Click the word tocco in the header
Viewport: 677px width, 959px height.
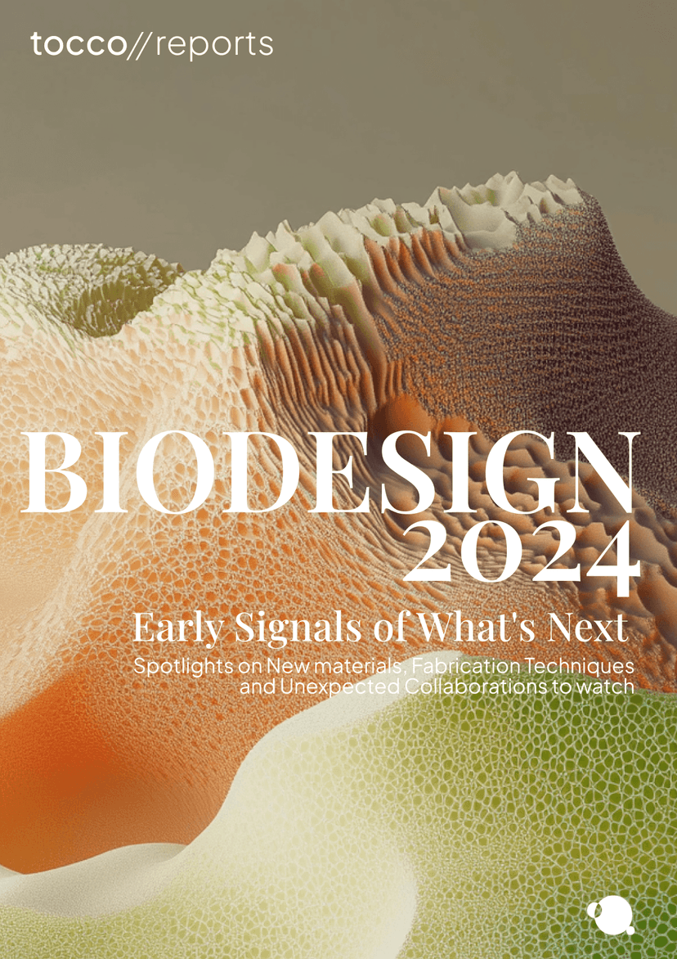point(78,45)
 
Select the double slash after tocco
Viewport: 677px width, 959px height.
point(140,46)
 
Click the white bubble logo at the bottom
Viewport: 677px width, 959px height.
point(610,916)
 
